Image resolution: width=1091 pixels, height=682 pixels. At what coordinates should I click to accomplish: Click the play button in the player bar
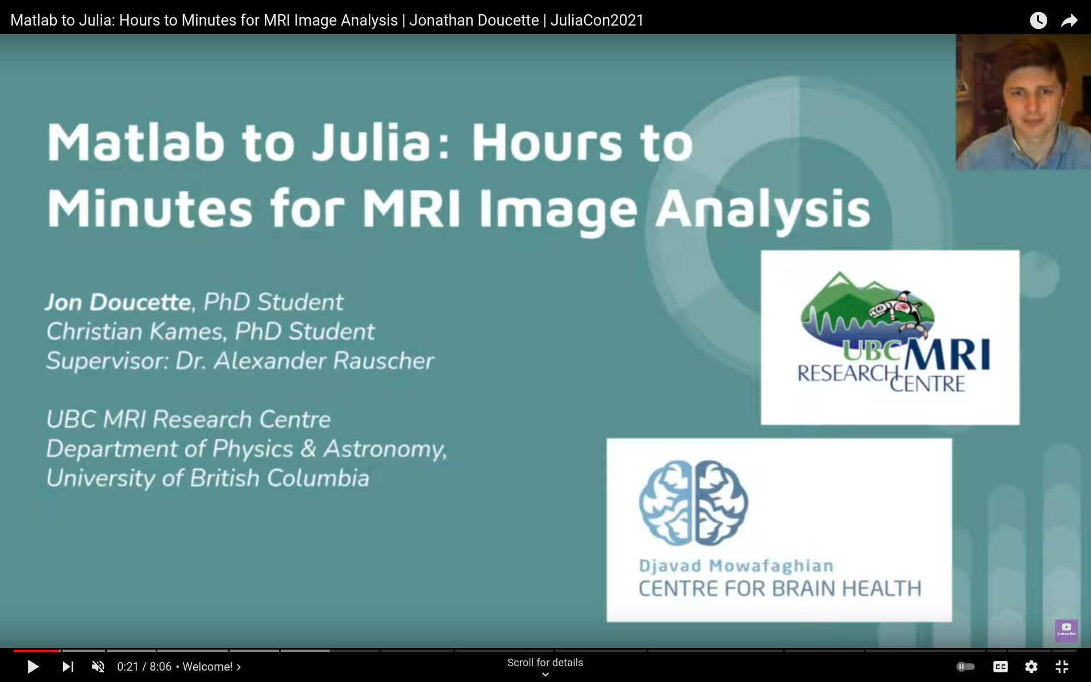coord(33,667)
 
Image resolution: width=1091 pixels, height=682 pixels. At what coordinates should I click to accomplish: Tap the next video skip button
coord(68,667)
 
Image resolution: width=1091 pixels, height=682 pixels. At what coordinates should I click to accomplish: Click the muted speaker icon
coord(98,667)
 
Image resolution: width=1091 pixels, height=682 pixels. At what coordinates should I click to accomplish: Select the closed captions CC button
coord(1000,667)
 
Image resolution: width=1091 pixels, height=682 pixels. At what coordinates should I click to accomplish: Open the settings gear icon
coord(1031,667)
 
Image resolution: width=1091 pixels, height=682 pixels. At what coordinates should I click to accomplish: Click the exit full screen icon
coord(1062,667)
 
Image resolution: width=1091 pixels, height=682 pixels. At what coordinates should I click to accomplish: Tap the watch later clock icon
coord(1038,20)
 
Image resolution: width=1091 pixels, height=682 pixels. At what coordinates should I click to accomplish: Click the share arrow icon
coord(1069,20)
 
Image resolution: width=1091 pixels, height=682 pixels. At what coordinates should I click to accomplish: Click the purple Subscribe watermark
coord(1066,630)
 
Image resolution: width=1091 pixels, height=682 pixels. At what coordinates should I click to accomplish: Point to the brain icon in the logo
coord(693,502)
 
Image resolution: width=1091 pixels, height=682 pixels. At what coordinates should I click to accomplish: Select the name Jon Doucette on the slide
coord(118,302)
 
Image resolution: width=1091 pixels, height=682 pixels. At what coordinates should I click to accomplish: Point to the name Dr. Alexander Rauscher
coord(305,361)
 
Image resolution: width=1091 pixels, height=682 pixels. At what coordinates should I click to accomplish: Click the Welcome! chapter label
coord(208,667)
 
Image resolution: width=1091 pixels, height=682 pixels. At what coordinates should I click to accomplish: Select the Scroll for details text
coord(545,663)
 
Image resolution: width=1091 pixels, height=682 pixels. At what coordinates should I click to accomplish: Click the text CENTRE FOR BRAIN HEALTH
coord(780,589)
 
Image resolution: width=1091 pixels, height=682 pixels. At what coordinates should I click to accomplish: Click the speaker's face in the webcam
coord(1031,102)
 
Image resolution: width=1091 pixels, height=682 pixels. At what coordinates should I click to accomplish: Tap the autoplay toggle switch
coord(965,667)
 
